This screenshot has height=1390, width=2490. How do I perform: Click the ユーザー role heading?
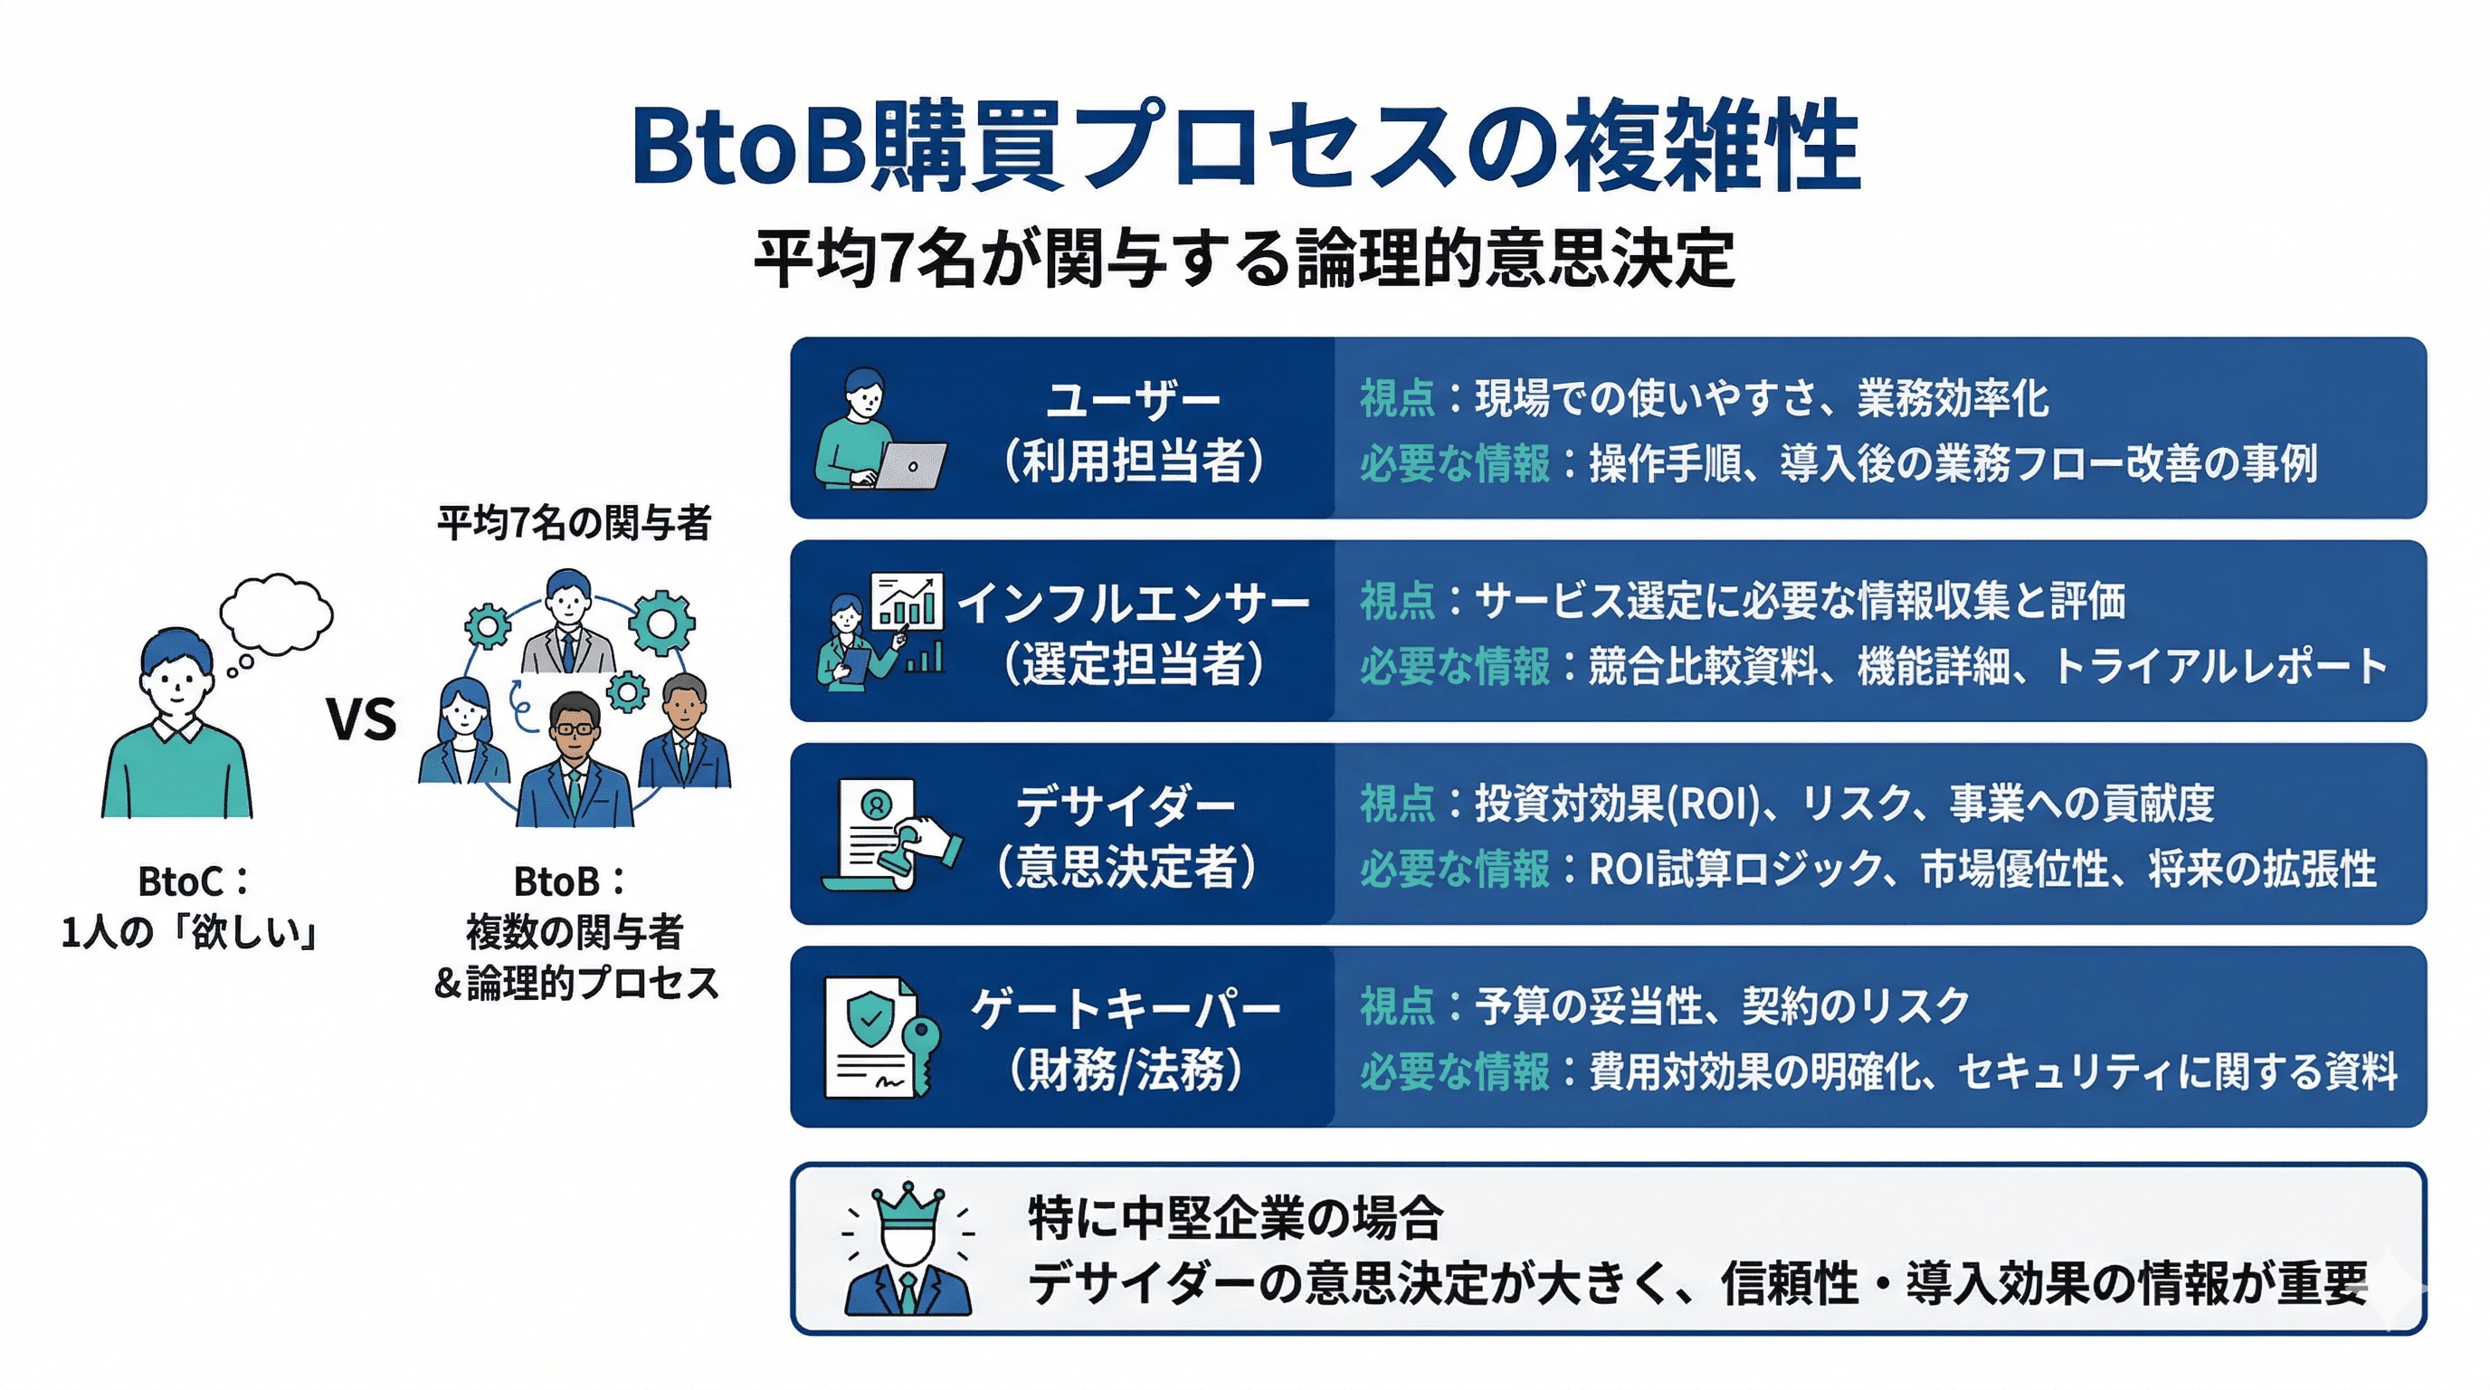1133,400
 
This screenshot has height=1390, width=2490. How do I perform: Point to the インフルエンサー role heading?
1133,604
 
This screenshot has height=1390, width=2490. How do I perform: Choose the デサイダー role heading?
1126,806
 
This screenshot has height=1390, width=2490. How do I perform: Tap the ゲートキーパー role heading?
1126,1009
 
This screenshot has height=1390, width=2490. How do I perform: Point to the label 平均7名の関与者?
575,523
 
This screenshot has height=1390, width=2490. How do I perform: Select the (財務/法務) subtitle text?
1126,1069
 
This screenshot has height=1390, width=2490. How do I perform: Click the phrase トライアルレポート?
2219,667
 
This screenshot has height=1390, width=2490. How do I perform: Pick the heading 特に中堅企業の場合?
1235,1218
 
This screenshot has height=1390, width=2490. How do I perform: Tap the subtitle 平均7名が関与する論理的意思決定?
1244,259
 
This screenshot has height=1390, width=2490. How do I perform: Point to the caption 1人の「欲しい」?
190,933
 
